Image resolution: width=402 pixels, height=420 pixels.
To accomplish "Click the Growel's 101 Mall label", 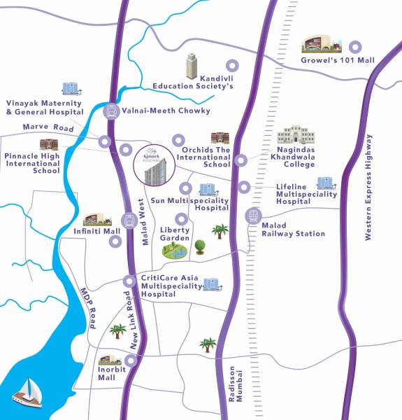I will tap(338, 61).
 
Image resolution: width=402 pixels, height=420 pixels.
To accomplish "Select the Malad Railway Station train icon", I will tap(252, 216).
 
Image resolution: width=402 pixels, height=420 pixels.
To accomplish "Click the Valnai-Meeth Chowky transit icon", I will tap(110, 110).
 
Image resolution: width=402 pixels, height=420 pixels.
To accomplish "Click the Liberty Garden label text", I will tap(175, 234).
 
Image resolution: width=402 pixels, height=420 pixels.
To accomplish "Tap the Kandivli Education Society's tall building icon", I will tap(192, 66).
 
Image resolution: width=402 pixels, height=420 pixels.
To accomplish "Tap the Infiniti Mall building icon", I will tap(97, 219).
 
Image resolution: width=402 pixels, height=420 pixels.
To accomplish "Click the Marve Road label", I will tap(49, 127).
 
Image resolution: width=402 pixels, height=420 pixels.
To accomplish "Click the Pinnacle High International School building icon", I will tap(48, 144).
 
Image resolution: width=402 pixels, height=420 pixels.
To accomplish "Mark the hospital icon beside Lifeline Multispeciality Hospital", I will tap(324, 183).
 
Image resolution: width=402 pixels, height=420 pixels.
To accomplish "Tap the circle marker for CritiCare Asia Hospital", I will tap(129, 281).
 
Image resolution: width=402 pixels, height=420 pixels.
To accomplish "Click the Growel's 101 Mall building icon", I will tap(322, 45).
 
